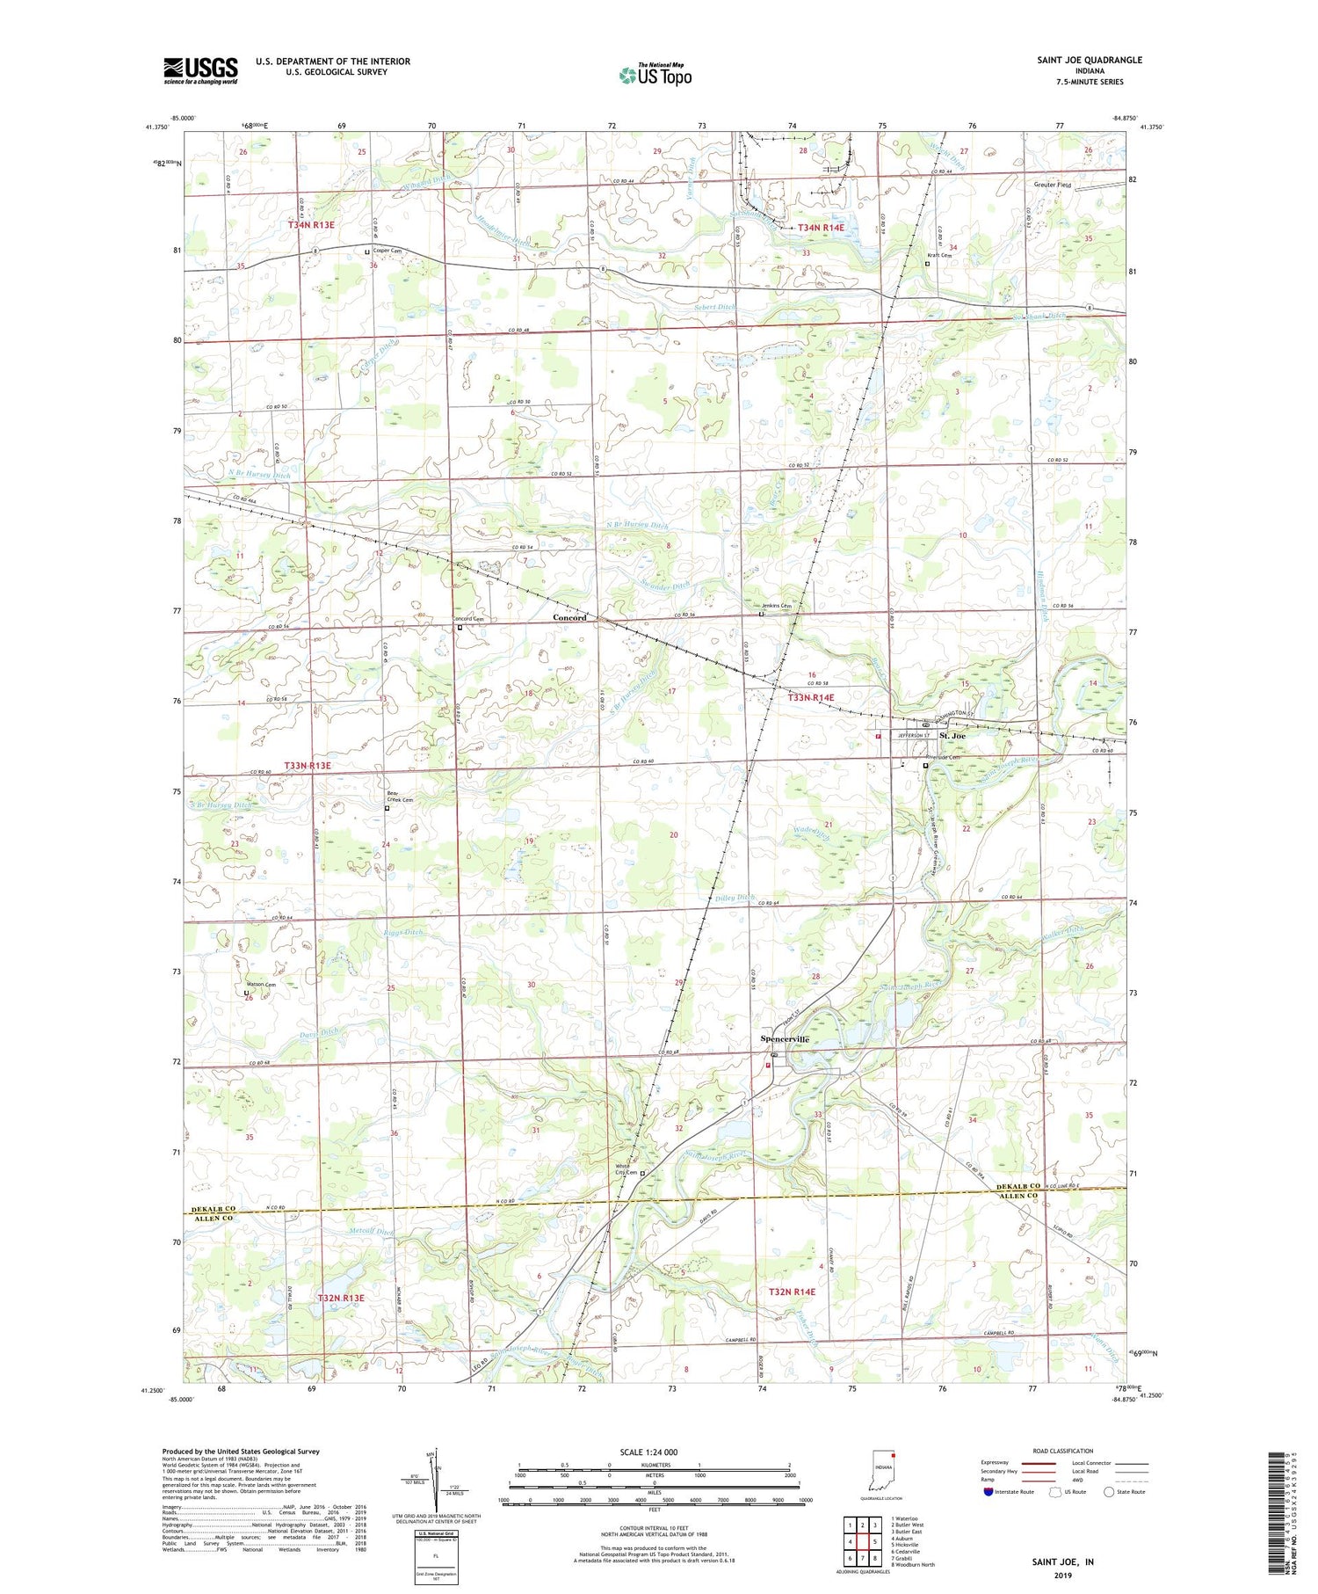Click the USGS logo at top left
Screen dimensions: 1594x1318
[200, 70]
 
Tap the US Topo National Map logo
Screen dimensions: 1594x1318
[655, 75]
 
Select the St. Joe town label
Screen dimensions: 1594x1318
[952, 735]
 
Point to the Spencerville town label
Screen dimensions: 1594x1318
[785, 1039]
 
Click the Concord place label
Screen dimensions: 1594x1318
[569, 618]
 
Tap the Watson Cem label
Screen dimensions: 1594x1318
[260, 985]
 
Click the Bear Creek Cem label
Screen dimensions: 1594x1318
[400, 797]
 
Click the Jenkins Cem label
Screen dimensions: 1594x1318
[777, 606]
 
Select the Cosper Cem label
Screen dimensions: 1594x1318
[387, 250]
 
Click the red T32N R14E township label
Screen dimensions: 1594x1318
[792, 1292]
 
